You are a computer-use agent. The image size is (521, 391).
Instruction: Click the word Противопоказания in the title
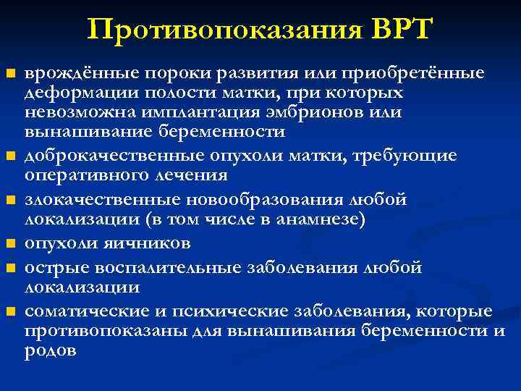coord(222,30)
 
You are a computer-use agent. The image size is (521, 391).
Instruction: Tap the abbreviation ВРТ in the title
coord(399,30)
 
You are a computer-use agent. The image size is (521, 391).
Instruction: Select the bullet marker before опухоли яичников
coord(10,243)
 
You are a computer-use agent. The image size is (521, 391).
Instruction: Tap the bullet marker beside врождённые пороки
coord(10,74)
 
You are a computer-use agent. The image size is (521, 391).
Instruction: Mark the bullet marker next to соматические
coord(10,312)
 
